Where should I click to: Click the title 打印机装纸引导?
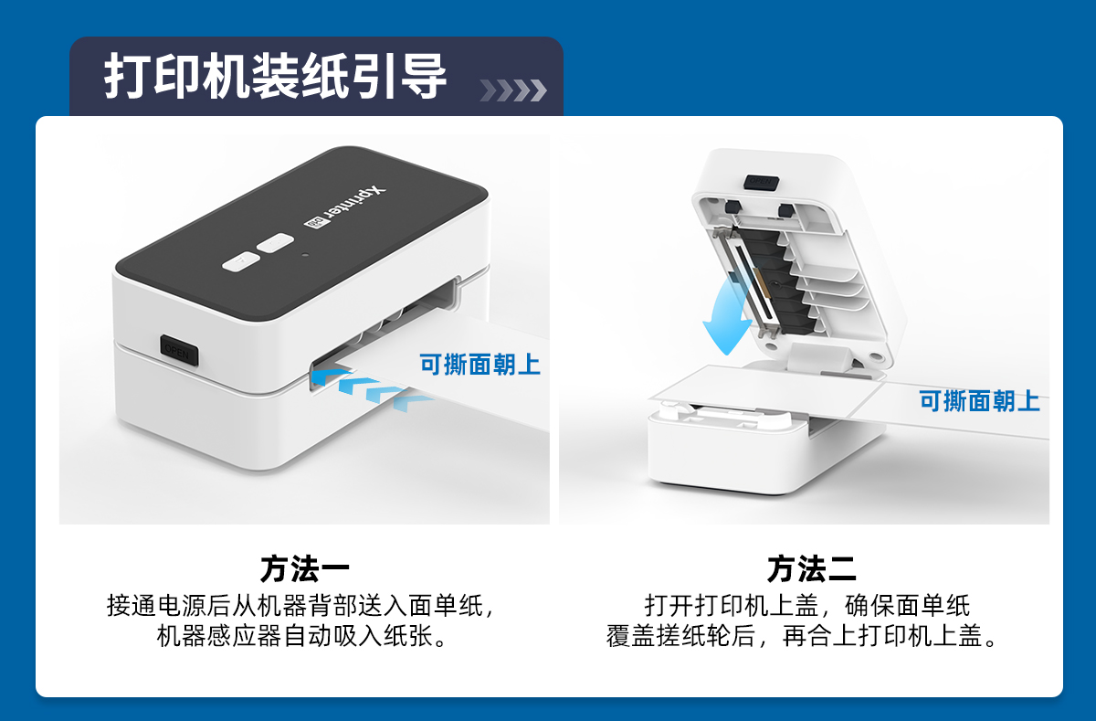click(275, 76)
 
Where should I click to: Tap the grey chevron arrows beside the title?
click(513, 90)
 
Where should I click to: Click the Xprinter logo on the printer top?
click(344, 207)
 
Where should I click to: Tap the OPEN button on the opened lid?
click(761, 182)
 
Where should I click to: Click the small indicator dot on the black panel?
click(305, 255)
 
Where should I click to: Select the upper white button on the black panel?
click(276, 243)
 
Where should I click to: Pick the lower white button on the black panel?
click(241, 262)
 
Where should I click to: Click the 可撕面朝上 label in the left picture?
click(480, 365)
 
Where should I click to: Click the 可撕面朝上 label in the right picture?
click(979, 401)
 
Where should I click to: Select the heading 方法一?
click(304, 568)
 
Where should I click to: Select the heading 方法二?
click(811, 568)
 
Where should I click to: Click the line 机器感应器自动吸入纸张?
click(301, 636)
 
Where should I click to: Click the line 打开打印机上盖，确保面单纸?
click(806, 606)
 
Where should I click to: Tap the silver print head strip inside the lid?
click(747, 283)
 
